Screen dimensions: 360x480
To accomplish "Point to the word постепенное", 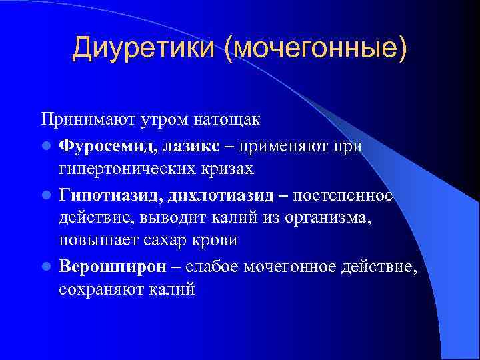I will coord(344,193).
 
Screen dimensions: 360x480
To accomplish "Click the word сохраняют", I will coord(99,289).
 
